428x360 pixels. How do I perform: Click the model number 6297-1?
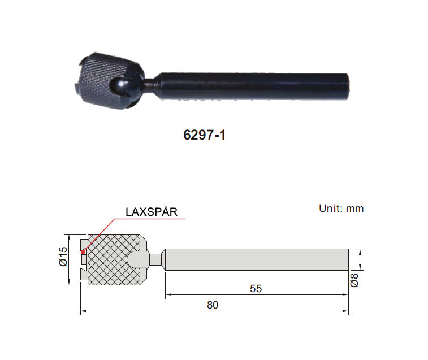click(204, 135)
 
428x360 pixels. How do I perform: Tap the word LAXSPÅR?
click(152, 212)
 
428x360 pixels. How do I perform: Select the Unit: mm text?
click(341, 209)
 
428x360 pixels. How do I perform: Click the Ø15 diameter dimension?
click(63, 256)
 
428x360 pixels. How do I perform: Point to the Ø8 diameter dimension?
click(354, 280)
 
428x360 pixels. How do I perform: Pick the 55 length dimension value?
click(256, 289)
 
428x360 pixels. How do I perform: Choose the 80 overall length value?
click(213, 305)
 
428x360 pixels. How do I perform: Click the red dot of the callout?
click(83, 252)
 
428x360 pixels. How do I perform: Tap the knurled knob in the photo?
click(109, 80)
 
